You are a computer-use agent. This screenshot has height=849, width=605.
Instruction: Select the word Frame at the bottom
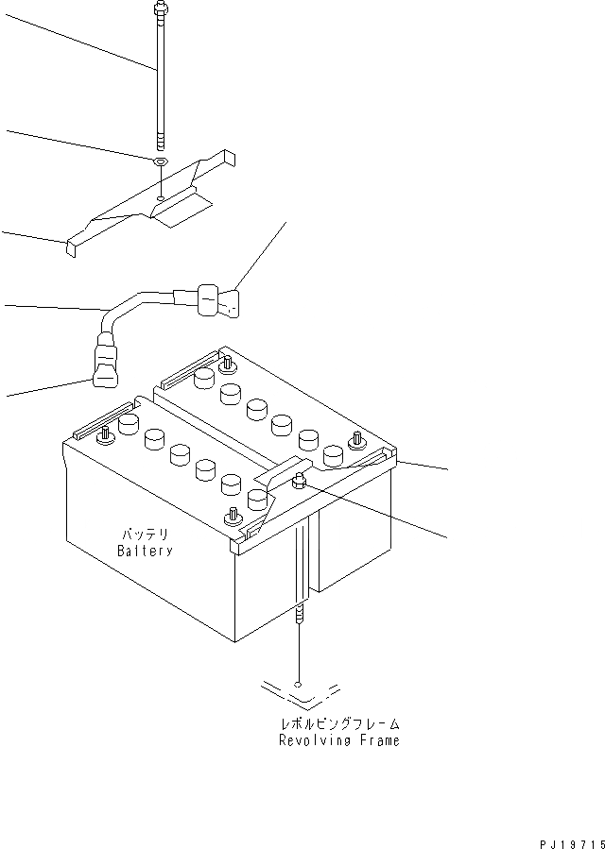[376, 741]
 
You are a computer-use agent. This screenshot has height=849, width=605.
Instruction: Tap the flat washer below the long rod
[161, 162]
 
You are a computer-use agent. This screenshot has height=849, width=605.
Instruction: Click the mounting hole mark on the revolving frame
[299, 685]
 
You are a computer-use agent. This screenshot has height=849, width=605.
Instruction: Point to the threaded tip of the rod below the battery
[299, 614]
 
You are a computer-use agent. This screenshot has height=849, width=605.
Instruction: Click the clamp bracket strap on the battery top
[274, 482]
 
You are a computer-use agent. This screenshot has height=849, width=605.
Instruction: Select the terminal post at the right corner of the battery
[357, 439]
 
